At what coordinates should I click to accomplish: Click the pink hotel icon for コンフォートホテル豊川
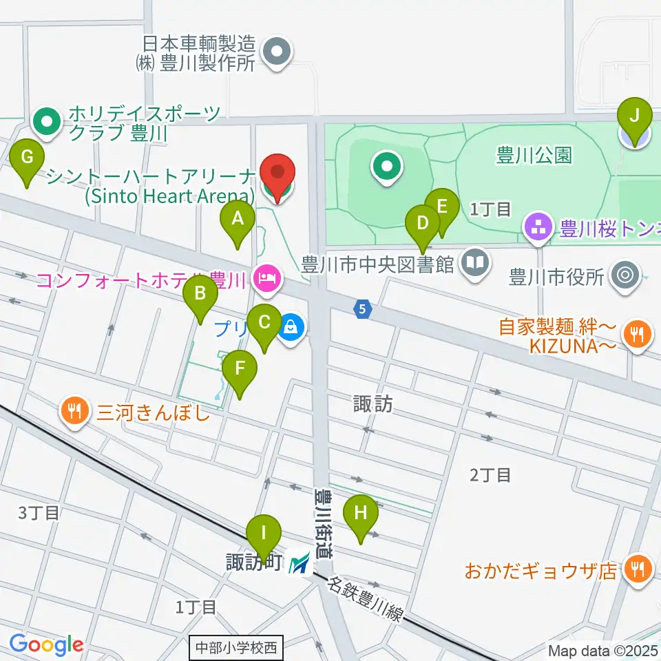point(266,279)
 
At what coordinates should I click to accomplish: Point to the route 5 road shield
point(363,310)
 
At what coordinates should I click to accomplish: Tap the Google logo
point(46,644)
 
